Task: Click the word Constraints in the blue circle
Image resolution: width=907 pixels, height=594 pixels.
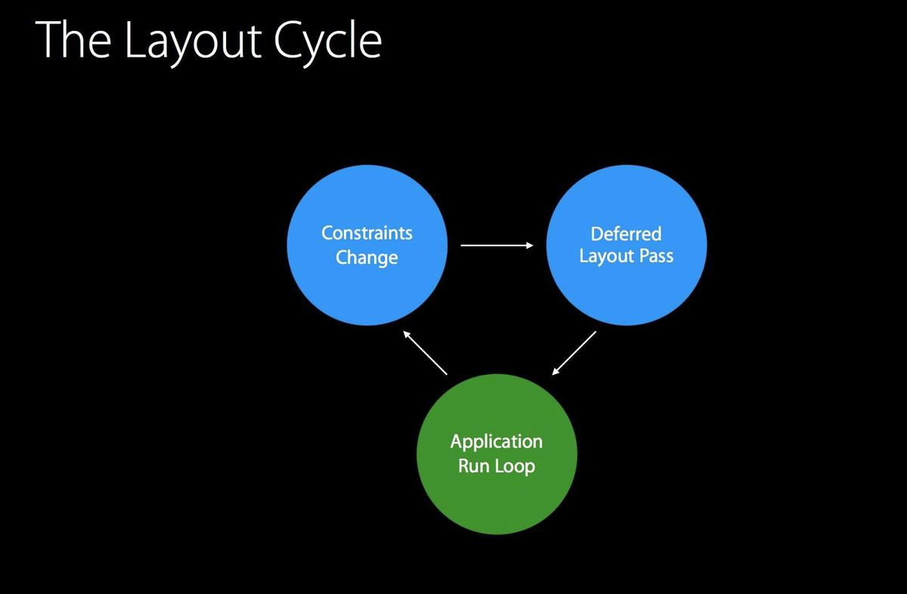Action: tap(367, 233)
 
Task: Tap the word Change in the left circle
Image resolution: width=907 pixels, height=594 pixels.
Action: tap(367, 258)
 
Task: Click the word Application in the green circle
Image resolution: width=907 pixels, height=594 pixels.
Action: tap(497, 441)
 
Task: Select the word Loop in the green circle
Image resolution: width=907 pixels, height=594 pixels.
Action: tap(515, 466)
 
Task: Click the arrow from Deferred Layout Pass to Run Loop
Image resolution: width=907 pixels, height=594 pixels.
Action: tap(574, 352)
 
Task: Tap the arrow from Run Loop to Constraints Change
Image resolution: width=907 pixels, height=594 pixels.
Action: tap(425, 352)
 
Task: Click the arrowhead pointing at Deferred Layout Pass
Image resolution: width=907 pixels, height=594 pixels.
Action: tap(529, 245)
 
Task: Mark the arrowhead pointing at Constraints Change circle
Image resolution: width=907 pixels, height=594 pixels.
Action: tap(407, 334)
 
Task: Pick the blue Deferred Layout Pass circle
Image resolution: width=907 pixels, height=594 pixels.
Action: tap(626, 291)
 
